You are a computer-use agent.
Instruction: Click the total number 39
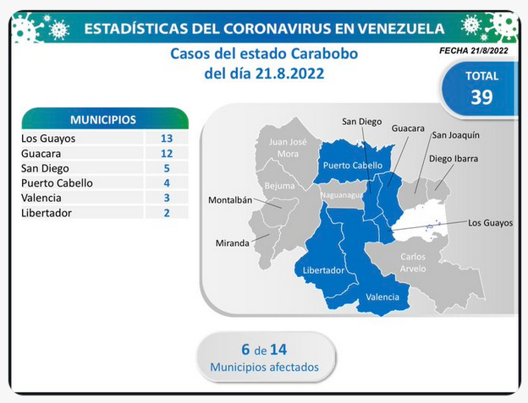click(481, 97)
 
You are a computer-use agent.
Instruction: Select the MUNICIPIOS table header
click(103, 120)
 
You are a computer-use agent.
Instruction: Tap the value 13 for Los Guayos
click(167, 139)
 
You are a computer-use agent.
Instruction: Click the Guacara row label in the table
click(41, 154)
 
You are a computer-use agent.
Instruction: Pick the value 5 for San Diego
click(167, 168)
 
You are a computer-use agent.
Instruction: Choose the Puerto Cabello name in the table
click(57, 182)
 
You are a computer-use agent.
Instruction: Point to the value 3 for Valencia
click(167, 198)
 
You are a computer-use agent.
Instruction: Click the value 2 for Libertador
click(167, 213)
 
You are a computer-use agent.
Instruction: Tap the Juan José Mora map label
click(288, 148)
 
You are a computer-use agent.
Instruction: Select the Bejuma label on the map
click(279, 186)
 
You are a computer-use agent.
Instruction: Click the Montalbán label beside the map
click(230, 200)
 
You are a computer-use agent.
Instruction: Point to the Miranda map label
click(233, 243)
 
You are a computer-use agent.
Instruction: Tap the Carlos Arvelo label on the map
click(413, 263)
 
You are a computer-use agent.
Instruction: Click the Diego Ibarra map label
click(454, 159)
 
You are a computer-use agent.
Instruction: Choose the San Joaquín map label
click(455, 135)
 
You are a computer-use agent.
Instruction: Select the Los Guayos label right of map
click(490, 223)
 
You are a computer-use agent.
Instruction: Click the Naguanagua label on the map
click(342, 195)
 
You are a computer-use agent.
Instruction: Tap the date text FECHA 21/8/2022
click(474, 51)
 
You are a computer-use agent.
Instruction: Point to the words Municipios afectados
click(264, 367)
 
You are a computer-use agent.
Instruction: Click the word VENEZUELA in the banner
click(401, 29)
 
